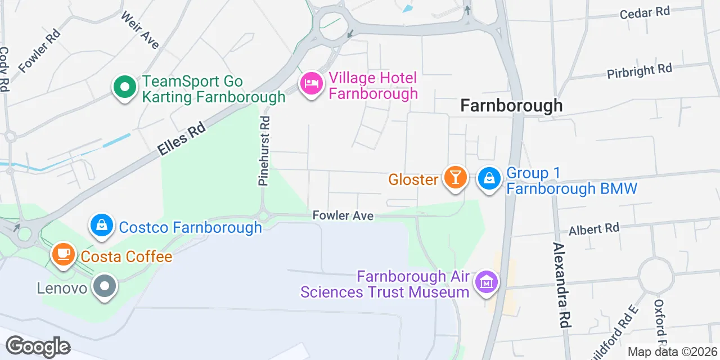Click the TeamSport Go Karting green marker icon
click(x=125, y=88)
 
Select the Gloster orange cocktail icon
click(x=454, y=178)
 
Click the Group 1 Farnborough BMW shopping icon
click(x=489, y=179)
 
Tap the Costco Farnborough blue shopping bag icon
click(x=101, y=226)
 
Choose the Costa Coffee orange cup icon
click(x=64, y=255)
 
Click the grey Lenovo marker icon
click(x=105, y=286)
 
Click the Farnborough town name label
click(x=511, y=105)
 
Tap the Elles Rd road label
click(x=181, y=140)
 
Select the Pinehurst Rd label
click(x=264, y=151)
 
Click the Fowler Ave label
click(x=343, y=215)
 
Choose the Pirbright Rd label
click(x=640, y=71)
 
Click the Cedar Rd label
click(x=645, y=12)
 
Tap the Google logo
click(x=38, y=346)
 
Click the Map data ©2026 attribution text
click(x=673, y=352)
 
